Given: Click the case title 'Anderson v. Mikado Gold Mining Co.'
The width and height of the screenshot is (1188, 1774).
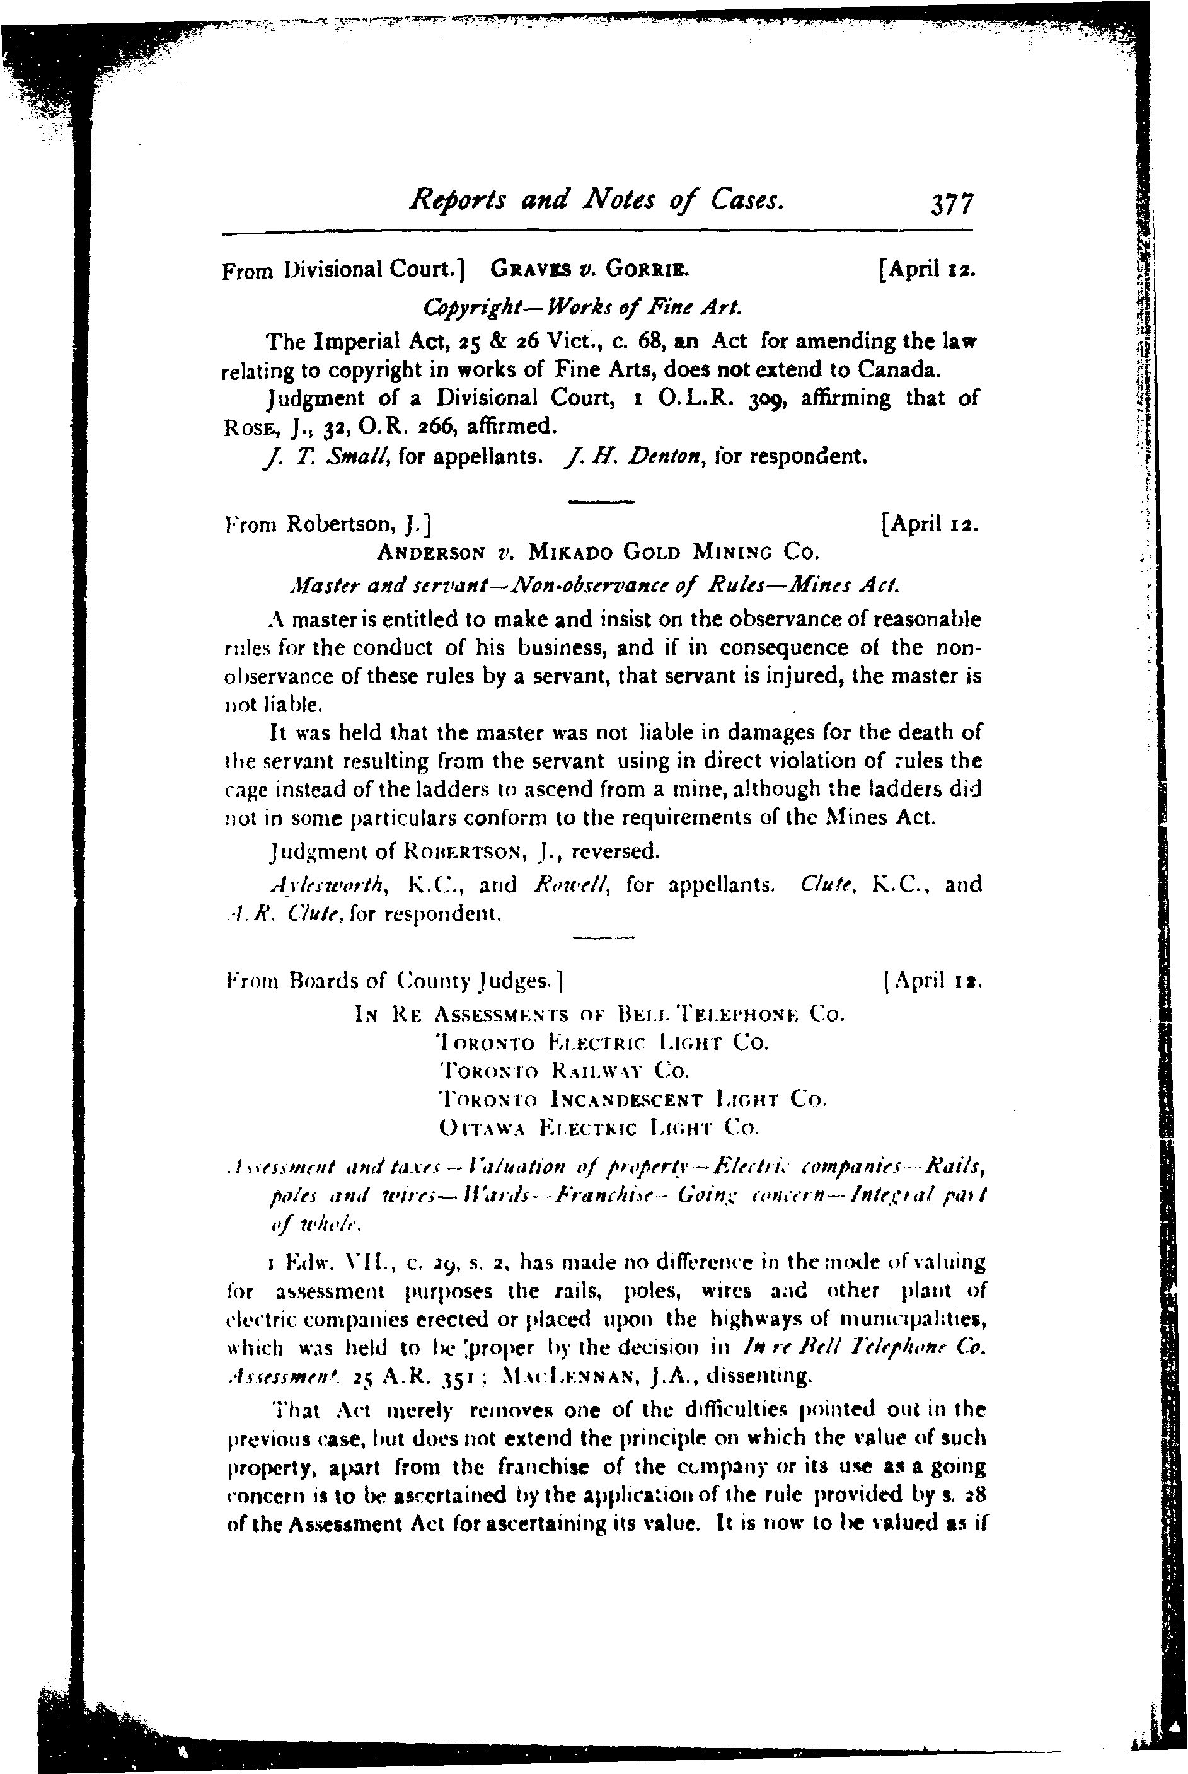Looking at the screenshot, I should (x=599, y=552).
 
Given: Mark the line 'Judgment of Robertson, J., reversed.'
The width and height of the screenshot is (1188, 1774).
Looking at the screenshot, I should (x=464, y=852).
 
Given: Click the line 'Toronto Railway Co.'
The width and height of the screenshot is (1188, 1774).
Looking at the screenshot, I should (x=563, y=1071).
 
